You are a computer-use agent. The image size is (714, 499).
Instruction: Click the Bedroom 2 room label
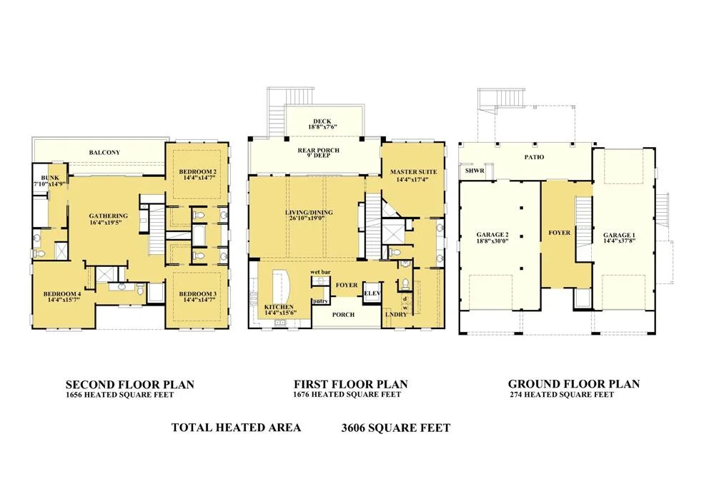click(197, 172)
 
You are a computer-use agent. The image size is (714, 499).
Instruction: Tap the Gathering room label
click(109, 216)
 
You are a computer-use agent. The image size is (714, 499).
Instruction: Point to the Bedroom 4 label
click(62, 294)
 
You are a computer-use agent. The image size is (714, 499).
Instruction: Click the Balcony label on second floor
click(104, 152)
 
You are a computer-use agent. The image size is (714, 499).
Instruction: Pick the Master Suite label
click(414, 172)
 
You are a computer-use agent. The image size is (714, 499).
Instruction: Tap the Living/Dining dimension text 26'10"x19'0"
click(309, 218)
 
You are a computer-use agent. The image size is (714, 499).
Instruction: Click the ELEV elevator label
click(372, 293)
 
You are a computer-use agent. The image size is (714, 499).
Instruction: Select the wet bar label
click(320, 272)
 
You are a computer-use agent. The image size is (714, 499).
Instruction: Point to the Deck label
click(322, 121)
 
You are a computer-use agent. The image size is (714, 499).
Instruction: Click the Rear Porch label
click(318, 150)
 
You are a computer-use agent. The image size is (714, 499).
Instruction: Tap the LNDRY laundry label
click(396, 314)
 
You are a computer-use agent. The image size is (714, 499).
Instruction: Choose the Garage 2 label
click(492, 235)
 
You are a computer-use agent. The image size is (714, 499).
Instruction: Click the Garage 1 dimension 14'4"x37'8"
click(619, 241)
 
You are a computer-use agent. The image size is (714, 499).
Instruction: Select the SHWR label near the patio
click(475, 171)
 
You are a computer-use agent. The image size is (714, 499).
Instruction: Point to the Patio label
click(534, 157)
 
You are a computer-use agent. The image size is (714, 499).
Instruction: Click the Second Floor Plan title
click(130, 385)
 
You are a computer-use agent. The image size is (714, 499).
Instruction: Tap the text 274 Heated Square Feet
click(562, 395)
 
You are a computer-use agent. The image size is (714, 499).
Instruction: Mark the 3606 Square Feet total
click(396, 428)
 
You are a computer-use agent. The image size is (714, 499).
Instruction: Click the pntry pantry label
click(319, 301)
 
